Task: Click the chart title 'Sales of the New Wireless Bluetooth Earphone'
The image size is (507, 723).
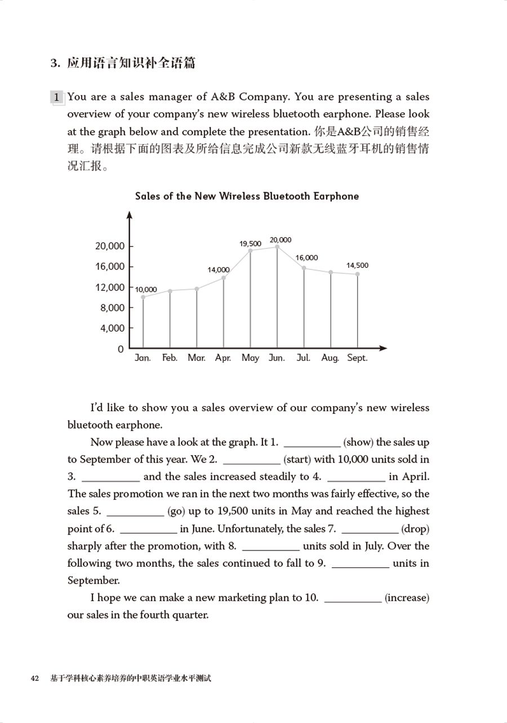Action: pos(247,196)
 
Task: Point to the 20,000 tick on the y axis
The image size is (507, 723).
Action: pos(110,246)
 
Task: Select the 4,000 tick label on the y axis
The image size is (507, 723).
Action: pos(113,328)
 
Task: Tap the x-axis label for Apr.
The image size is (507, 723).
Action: pos(223,358)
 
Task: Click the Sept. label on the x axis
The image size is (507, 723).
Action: pos(357,358)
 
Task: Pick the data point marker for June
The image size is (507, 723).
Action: pos(277,247)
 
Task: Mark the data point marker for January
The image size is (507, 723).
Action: pos(143,297)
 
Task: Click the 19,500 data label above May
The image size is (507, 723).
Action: pos(250,244)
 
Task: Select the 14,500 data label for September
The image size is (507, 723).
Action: pos(357,265)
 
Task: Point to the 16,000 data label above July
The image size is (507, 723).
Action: pos(306,258)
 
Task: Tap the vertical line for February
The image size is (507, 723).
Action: pos(170,319)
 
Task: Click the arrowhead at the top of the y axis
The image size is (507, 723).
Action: pos(130,214)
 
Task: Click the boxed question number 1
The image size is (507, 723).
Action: pos(56,98)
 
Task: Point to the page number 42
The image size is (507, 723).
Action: pos(35,678)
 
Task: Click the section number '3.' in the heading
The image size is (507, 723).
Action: pos(55,63)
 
